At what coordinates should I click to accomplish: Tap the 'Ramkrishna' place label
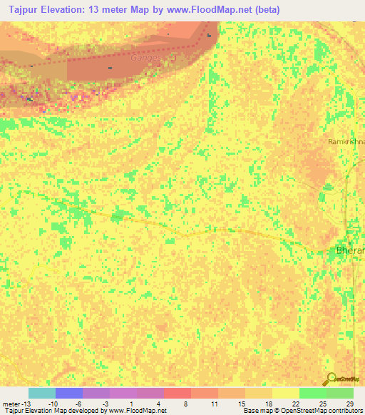pos(346,142)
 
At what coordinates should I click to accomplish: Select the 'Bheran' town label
pos(350,250)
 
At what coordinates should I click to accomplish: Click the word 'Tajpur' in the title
pos(23,10)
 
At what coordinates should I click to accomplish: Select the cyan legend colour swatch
pos(41,393)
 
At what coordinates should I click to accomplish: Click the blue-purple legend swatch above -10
pos(68,393)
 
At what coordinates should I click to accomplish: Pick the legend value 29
pos(349,403)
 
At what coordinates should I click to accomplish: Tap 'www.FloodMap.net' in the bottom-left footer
pos(136,411)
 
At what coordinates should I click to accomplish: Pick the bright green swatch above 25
pos(312,393)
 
